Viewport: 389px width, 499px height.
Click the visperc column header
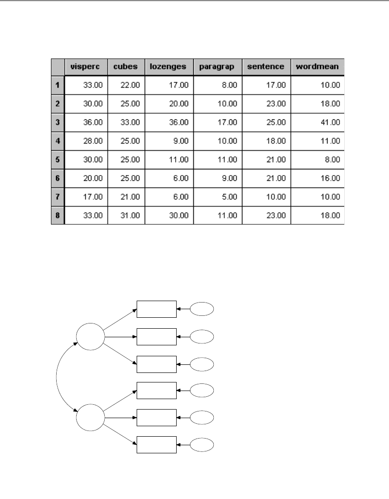pyautogui.click(x=86, y=67)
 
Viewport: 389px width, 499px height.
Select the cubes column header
pyautogui.click(x=126, y=67)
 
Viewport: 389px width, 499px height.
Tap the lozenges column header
pyautogui.click(x=169, y=67)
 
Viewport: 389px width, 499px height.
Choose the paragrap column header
pyautogui.click(x=218, y=67)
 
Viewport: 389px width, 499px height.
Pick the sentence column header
pyautogui.click(x=266, y=67)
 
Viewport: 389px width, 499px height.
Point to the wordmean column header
pyautogui.click(x=317, y=67)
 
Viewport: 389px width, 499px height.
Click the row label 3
pyautogui.click(x=57, y=122)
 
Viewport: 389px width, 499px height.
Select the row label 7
pyautogui.click(x=57, y=196)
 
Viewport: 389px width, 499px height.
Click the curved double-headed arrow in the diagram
pyautogui.click(x=57, y=376)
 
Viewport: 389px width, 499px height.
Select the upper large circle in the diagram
pyautogui.click(x=90, y=336)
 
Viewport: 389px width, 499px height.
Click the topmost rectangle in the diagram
pyautogui.click(x=157, y=309)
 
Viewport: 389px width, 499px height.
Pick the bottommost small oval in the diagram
pyautogui.click(x=202, y=445)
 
